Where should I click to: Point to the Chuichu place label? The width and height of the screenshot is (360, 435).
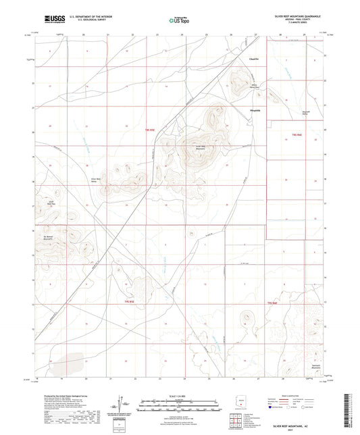(254, 59)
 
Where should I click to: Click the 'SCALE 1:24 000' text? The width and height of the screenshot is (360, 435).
(179, 395)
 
